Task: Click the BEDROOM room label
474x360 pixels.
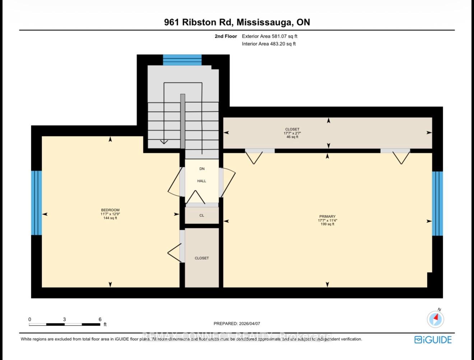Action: tap(110, 210)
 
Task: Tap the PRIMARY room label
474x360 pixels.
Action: tap(327, 216)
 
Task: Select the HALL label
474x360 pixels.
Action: tap(201, 181)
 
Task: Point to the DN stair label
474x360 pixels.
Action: tap(201, 169)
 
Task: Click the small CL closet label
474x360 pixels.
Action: tap(201, 215)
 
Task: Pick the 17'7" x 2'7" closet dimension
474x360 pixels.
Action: tap(292, 133)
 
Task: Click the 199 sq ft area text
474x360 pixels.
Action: tap(327, 224)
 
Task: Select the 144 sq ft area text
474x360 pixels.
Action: tap(110, 218)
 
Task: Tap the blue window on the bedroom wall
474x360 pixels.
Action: tap(36, 203)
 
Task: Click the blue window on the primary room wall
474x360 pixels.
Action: tap(437, 203)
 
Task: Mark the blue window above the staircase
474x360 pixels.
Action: tap(182, 60)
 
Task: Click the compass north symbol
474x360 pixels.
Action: tap(436, 318)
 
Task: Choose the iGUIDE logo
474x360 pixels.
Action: tap(433, 340)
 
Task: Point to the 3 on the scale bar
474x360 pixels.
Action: tap(64, 319)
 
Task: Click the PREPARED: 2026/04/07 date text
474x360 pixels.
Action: tap(237, 323)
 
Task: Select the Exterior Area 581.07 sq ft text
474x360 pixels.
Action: tap(269, 36)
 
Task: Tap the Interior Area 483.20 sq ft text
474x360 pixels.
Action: tap(269, 44)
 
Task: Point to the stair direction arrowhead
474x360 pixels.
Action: tap(164, 142)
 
